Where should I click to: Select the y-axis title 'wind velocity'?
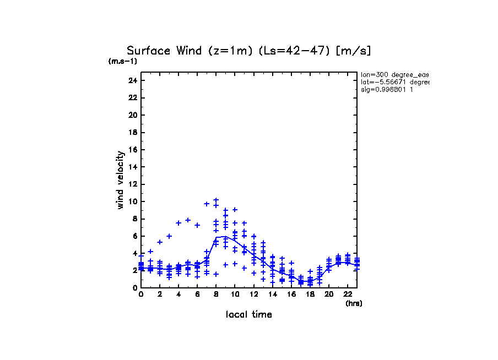tap(120, 180)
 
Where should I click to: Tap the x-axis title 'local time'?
tap(249, 315)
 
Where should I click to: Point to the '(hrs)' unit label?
tap(354, 303)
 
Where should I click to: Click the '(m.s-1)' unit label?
tap(123, 61)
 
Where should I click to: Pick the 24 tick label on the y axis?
tap(132, 81)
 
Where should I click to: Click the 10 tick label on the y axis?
tap(132, 201)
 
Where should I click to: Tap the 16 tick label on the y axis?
tap(132, 150)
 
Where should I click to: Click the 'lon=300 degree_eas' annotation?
tap(394, 74)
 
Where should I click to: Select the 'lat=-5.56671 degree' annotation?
tap(394, 82)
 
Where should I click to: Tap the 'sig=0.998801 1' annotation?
tap(387, 90)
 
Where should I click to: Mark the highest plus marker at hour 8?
tap(216, 200)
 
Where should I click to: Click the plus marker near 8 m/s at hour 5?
tap(188, 220)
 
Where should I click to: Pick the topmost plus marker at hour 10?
tap(235, 210)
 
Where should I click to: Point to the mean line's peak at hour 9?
tap(225, 236)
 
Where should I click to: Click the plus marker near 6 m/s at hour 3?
tap(169, 236)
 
